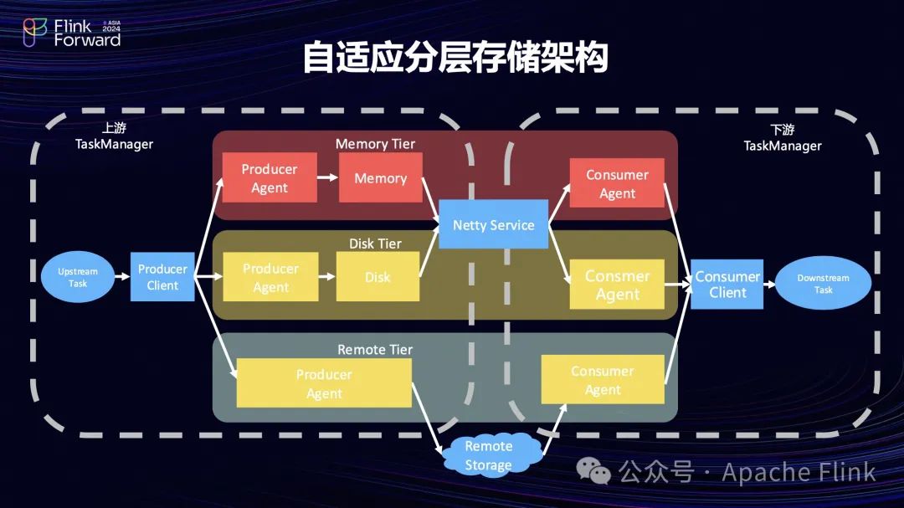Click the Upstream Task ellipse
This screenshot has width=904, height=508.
[x=77, y=277]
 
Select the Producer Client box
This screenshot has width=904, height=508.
[x=162, y=277]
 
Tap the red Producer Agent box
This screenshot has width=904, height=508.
[x=270, y=177]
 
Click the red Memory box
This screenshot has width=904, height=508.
[x=380, y=177]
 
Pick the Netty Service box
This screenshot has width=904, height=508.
[x=493, y=224]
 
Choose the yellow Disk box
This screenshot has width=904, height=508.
[x=378, y=277]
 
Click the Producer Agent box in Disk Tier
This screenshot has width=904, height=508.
[x=270, y=277]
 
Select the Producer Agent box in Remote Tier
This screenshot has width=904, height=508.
[x=324, y=383]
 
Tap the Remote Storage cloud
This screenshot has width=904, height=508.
[x=489, y=455]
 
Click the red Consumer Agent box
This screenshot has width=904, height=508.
[x=617, y=183]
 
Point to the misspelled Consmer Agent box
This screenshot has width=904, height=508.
[x=617, y=285]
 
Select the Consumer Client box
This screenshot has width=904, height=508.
[x=727, y=285]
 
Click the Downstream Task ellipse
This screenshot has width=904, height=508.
[x=823, y=284]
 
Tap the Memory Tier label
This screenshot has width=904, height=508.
[x=375, y=144]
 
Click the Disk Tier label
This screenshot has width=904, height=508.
[x=375, y=244]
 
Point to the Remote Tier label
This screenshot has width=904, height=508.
[x=375, y=350]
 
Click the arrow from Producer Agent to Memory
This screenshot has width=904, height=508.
[x=328, y=177]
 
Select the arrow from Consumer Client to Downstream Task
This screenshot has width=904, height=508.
[x=768, y=285]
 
